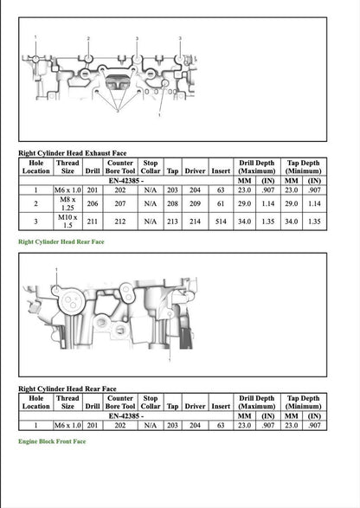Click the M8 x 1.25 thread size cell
pyautogui.click(x=67, y=205)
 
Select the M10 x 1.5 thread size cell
pyautogui.click(x=67, y=222)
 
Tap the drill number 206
pyautogui.click(x=92, y=205)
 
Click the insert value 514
pyautogui.click(x=221, y=222)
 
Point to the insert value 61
pyautogui.click(x=221, y=205)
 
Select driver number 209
pyautogui.click(x=196, y=205)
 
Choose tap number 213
pyautogui.click(x=173, y=222)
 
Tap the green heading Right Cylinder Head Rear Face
pyautogui.click(x=61, y=242)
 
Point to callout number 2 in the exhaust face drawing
pyautogui.click(x=88, y=40)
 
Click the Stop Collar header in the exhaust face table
pyautogui.click(x=151, y=165)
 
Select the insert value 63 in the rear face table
pyautogui.click(x=221, y=425)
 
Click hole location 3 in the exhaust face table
pyautogui.click(x=35, y=222)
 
